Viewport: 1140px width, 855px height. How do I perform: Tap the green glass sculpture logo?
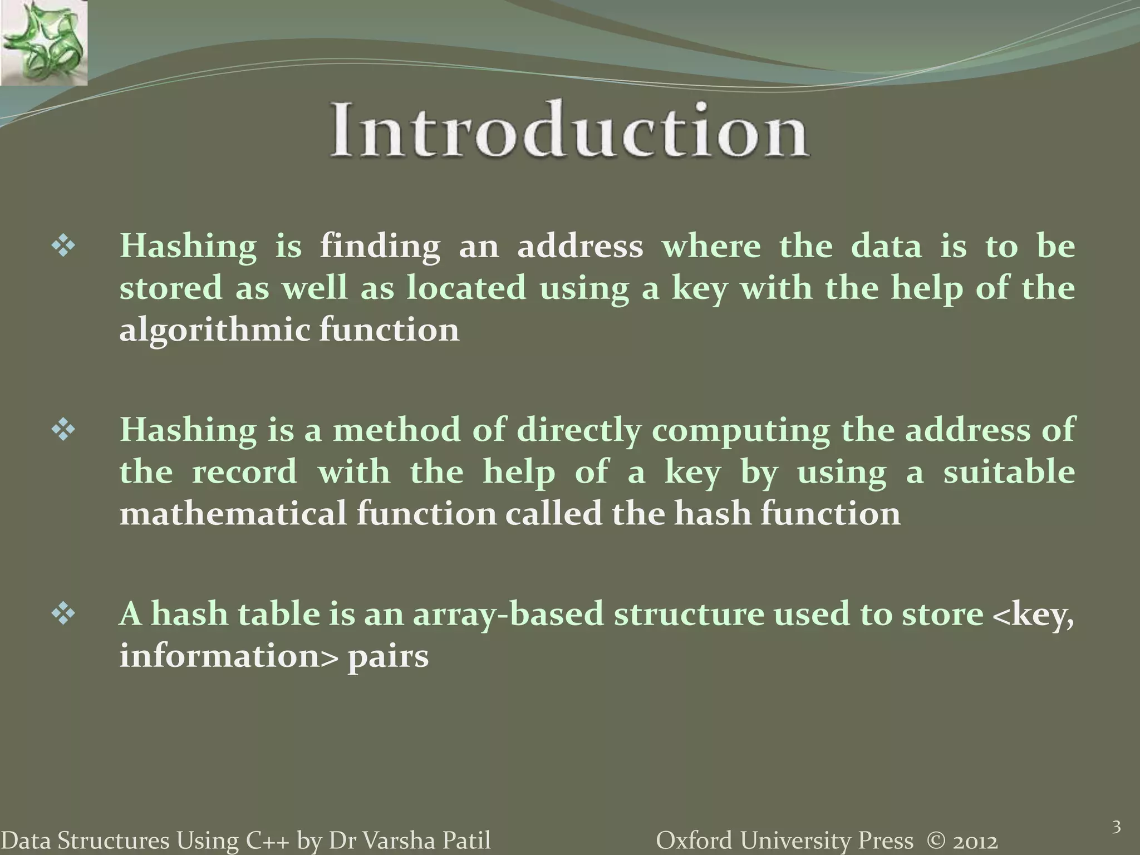(43, 43)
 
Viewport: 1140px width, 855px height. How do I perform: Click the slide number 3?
(1116, 827)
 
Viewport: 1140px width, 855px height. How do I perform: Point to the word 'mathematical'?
(233, 513)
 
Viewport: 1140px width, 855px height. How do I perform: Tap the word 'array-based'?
(508, 615)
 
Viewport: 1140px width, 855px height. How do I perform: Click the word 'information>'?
(228, 656)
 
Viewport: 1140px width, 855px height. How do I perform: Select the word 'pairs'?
(388, 657)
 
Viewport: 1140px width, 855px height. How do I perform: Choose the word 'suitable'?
(1009, 472)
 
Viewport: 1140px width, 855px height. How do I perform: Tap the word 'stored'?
(170, 288)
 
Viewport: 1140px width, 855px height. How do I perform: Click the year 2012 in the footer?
(974, 841)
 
